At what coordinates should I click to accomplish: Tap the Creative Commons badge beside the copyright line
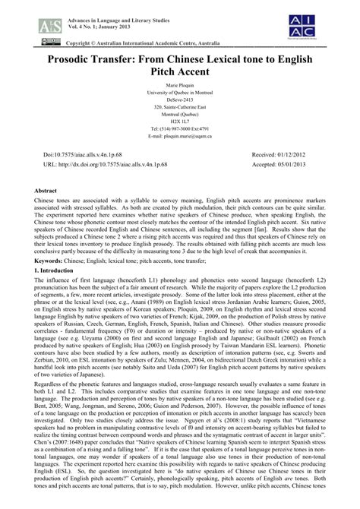pos(29,37)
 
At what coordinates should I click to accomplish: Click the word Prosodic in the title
pos(56,59)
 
